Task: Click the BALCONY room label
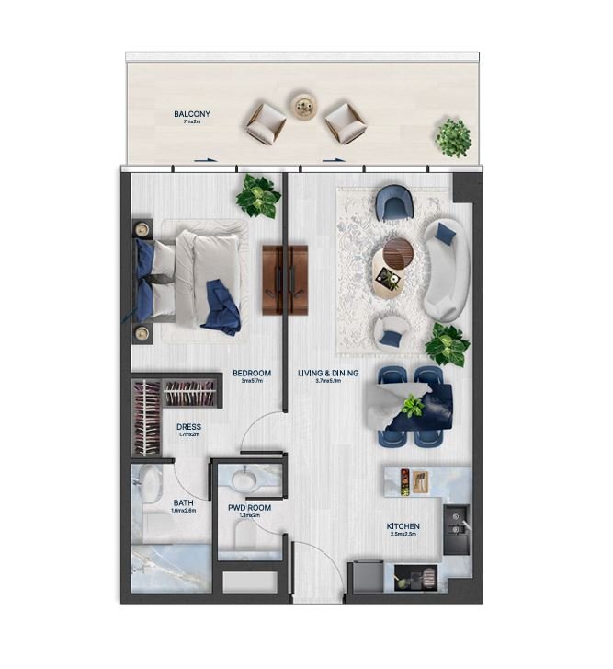click(x=192, y=114)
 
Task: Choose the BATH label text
click(x=183, y=503)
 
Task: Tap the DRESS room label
click(x=188, y=427)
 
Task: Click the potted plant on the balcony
click(x=453, y=137)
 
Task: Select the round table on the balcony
click(x=301, y=106)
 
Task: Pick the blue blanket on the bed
click(x=221, y=306)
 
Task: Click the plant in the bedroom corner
click(x=258, y=196)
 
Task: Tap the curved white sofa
click(x=446, y=268)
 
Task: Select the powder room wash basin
click(x=245, y=480)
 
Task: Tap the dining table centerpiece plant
click(x=411, y=404)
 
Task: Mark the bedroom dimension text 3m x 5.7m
click(x=253, y=381)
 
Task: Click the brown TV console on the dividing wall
click(x=284, y=280)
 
